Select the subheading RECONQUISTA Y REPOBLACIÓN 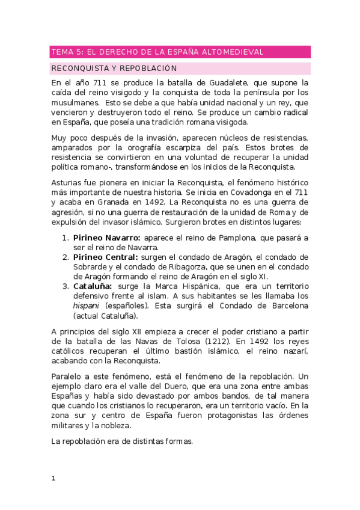(114, 68)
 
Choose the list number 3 (66, 286)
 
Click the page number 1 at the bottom (53, 479)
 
